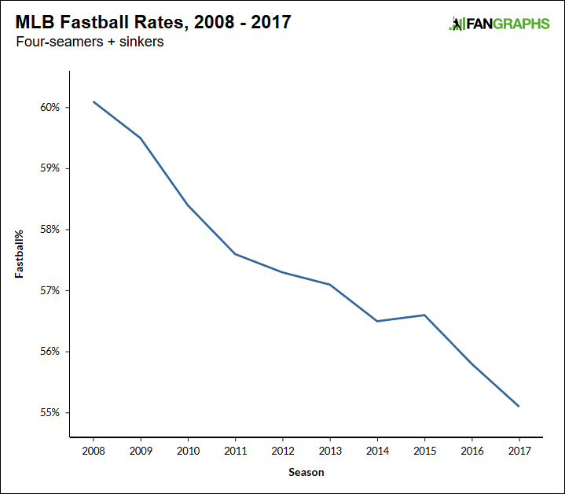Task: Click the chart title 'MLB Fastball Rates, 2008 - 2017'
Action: coord(153,22)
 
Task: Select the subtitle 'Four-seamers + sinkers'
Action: coord(90,42)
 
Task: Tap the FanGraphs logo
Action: coord(499,24)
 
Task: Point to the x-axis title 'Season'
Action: coord(306,473)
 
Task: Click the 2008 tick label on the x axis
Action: coord(94,452)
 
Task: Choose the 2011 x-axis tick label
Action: coord(235,452)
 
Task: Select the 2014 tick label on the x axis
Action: coord(377,452)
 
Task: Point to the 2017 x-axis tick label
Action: coord(519,452)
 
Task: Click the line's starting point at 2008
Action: coord(94,101)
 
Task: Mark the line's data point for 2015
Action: coord(424,315)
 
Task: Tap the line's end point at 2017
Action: coord(519,406)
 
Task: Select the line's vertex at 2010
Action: coord(188,205)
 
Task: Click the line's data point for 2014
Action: coord(377,321)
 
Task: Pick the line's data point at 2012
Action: coord(282,272)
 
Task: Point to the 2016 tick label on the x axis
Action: coord(471,452)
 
